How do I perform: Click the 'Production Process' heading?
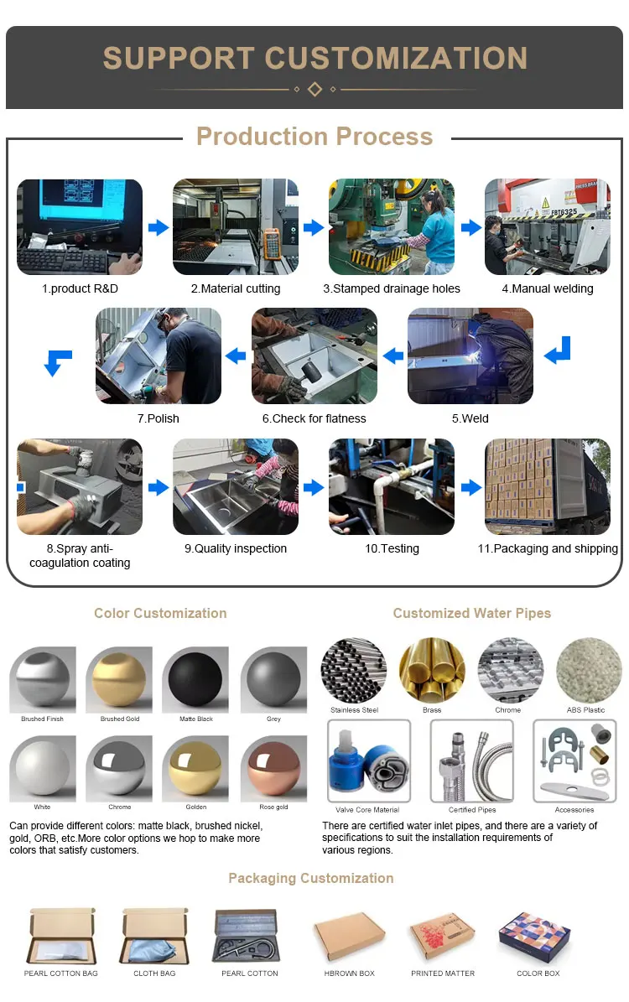(x=314, y=137)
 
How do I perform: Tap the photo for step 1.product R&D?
(x=80, y=227)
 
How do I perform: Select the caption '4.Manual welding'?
(x=548, y=288)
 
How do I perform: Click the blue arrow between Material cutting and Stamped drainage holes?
(x=314, y=227)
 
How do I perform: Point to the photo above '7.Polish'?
(x=159, y=356)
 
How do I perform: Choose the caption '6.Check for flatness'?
(x=314, y=418)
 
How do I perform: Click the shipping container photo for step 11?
(x=548, y=487)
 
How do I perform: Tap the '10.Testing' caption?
(x=392, y=548)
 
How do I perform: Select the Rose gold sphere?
(x=274, y=769)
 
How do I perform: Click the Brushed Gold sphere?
(x=119, y=679)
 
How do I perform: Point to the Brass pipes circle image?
(x=432, y=671)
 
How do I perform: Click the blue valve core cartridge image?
(x=368, y=761)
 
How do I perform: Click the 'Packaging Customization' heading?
(x=311, y=878)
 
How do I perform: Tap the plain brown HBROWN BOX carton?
(x=349, y=937)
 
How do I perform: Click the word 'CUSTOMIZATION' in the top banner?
(x=396, y=58)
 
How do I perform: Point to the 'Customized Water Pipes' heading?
(x=472, y=613)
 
